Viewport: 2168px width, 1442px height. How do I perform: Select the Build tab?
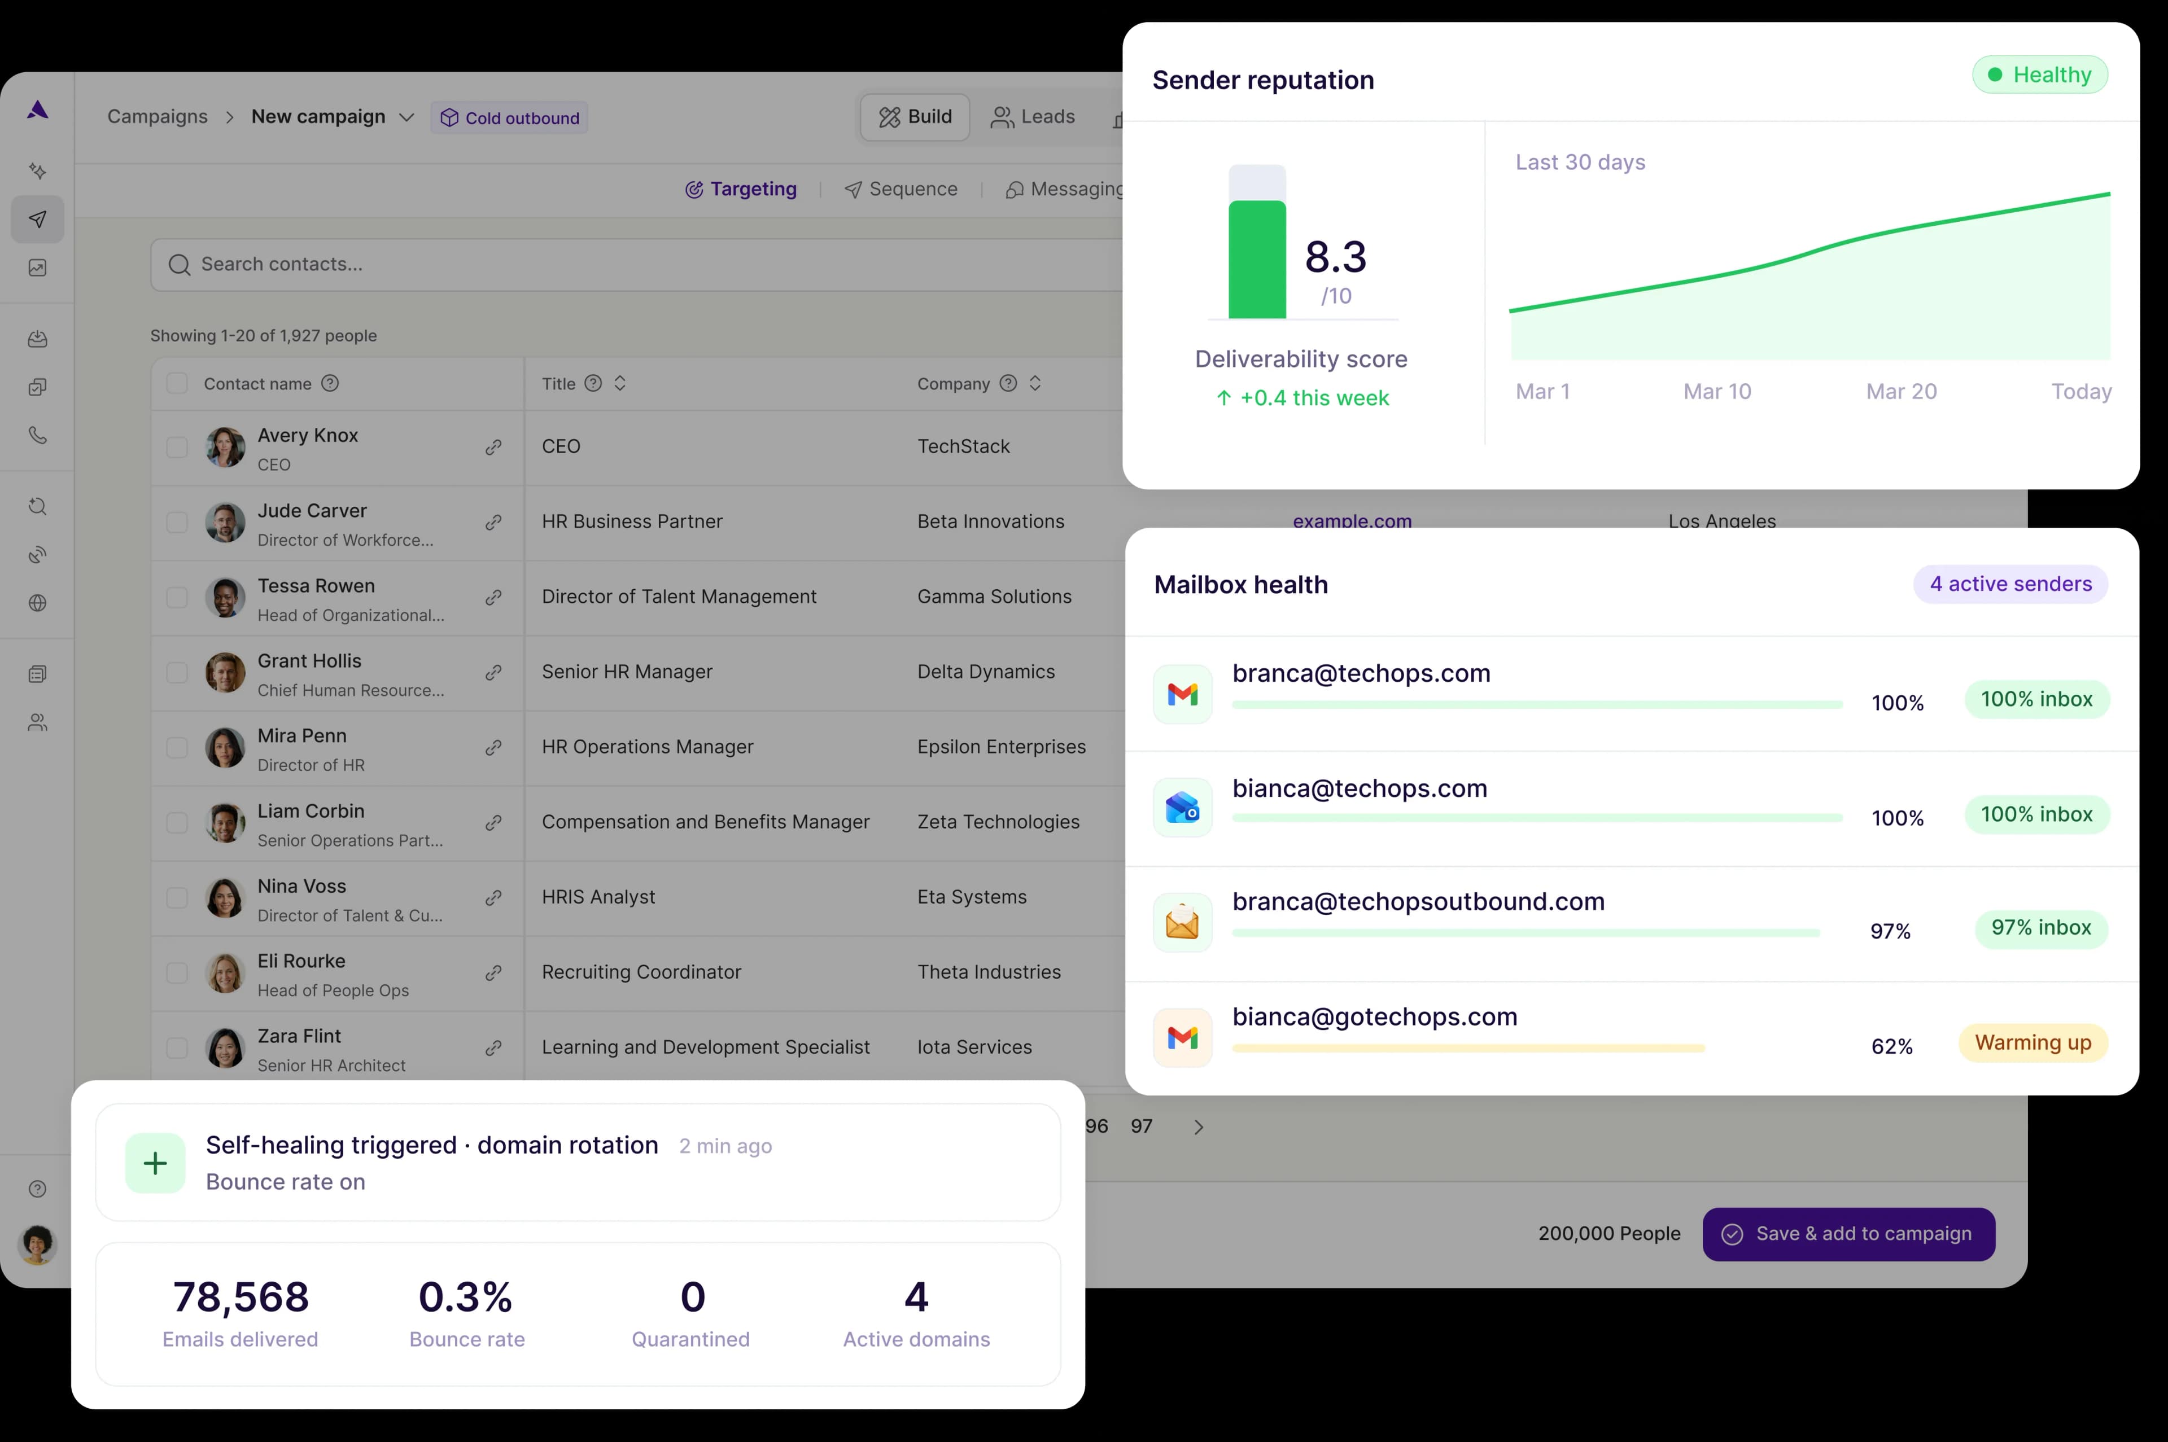pos(915,117)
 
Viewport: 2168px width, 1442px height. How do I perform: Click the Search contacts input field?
pos(635,265)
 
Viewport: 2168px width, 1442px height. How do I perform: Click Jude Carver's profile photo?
pos(225,523)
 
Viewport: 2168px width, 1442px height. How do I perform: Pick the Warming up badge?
pos(2033,1043)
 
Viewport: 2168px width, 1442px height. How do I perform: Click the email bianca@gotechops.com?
pos(1374,1016)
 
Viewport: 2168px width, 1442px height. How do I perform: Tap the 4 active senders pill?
pos(2010,584)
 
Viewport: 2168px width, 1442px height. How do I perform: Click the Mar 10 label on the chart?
pos(1716,392)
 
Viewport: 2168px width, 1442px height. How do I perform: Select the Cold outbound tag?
pos(510,118)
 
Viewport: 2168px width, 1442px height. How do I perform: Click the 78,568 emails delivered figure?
pos(241,1297)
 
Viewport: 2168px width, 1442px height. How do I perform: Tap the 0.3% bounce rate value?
pos(465,1297)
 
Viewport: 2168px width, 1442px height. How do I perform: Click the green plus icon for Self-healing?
pos(155,1163)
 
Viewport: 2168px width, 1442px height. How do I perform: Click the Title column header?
pos(558,383)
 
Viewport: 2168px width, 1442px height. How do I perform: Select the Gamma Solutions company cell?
pos(994,597)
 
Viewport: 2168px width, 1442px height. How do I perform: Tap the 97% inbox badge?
pos(2040,928)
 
